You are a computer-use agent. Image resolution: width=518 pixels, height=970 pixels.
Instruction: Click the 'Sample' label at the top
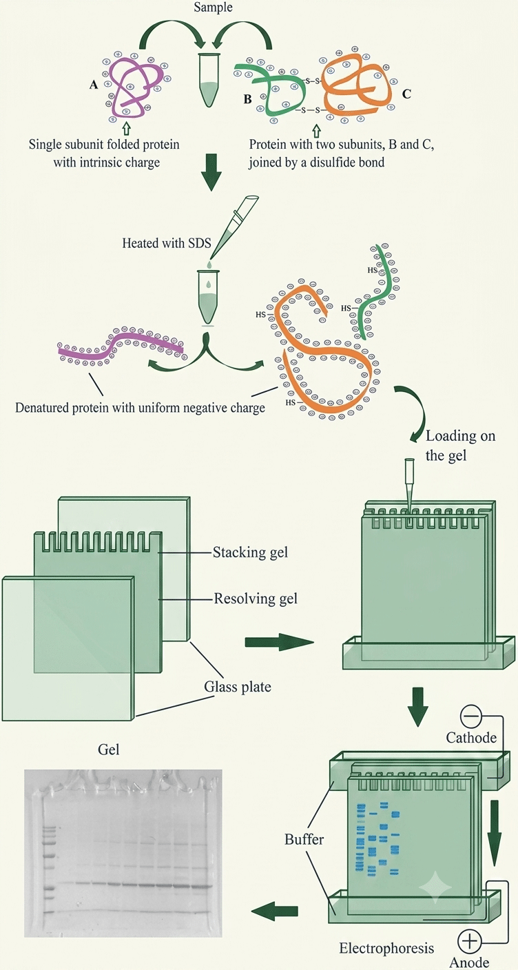click(213, 7)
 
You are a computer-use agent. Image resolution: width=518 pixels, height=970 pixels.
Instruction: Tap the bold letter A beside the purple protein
click(94, 85)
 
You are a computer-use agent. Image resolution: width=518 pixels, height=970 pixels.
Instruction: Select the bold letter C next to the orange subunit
click(406, 94)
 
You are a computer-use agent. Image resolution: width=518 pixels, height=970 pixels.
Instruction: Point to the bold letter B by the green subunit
click(247, 100)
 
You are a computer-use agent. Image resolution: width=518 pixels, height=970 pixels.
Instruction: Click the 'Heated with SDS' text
click(166, 243)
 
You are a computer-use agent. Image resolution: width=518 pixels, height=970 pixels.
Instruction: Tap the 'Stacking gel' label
click(250, 553)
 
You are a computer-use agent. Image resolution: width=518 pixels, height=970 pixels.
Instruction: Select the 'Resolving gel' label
click(256, 599)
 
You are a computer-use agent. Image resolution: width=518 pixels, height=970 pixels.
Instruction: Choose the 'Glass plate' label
click(238, 687)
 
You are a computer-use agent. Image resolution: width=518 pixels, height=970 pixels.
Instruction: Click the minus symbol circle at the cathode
click(470, 718)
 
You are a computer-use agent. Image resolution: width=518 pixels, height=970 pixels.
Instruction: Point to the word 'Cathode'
click(471, 737)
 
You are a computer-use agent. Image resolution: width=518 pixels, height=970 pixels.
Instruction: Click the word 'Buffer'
click(304, 839)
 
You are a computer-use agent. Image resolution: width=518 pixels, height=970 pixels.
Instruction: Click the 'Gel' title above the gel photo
click(108, 750)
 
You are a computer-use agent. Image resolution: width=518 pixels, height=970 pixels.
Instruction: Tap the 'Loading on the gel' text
click(460, 445)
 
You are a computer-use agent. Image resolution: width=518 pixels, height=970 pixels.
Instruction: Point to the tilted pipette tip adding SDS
click(235, 228)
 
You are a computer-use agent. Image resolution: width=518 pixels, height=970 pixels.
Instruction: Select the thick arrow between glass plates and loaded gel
click(280, 641)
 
